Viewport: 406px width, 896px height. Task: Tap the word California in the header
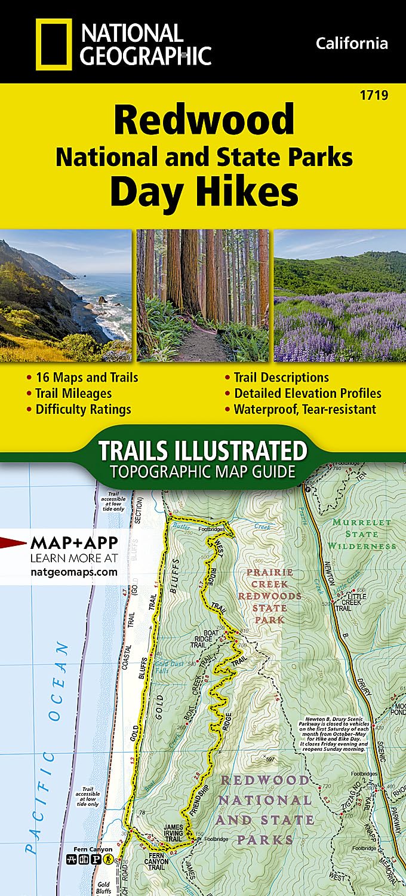tap(352, 43)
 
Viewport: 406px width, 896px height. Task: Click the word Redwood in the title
tap(205, 119)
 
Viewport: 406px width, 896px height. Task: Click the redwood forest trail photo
tap(203, 295)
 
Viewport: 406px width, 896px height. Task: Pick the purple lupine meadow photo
tap(340, 295)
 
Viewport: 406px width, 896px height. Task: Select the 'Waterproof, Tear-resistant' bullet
tap(304, 409)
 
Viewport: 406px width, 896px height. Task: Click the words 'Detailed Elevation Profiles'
tap(307, 393)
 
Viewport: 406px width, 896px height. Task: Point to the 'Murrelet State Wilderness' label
tap(362, 534)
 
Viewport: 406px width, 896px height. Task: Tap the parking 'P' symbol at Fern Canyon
tap(97, 860)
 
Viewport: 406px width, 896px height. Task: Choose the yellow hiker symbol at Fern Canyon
tap(107, 860)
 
